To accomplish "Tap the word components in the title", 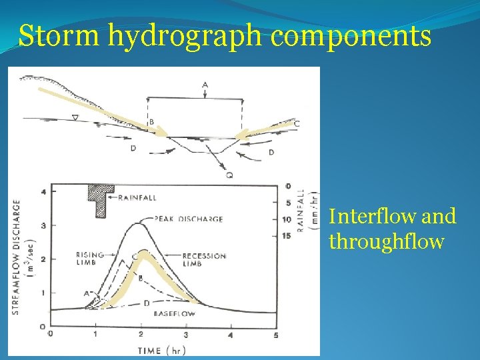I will coord(351,37).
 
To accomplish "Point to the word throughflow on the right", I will coord(386,241).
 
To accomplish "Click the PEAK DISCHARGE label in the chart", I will coord(189,219).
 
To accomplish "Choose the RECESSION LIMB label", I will coord(204,259).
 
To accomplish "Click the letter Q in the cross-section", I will coord(229,175).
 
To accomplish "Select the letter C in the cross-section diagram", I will coord(297,123).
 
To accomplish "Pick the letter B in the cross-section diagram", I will coord(151,122).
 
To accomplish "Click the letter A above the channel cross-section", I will coord(205,85).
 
